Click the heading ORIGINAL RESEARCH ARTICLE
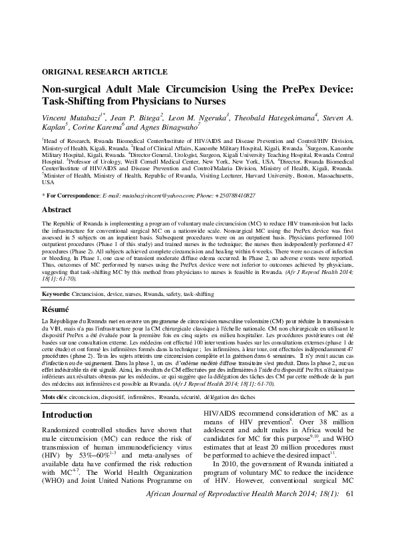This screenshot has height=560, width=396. tap(104, 71)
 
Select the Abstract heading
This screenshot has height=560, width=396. tap(57, 209)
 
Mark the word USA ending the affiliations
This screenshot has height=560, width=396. tap(48, 182)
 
